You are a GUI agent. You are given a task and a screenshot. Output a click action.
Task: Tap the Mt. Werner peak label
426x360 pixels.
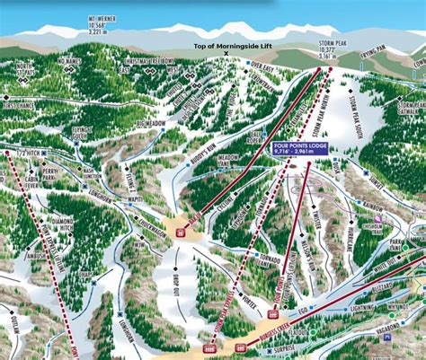(x=102, y=21)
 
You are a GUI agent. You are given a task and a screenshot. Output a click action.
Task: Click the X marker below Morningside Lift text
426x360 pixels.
(x=226, y=55)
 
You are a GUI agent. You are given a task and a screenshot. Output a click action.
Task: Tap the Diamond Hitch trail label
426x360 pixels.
(x=61, y=223)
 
